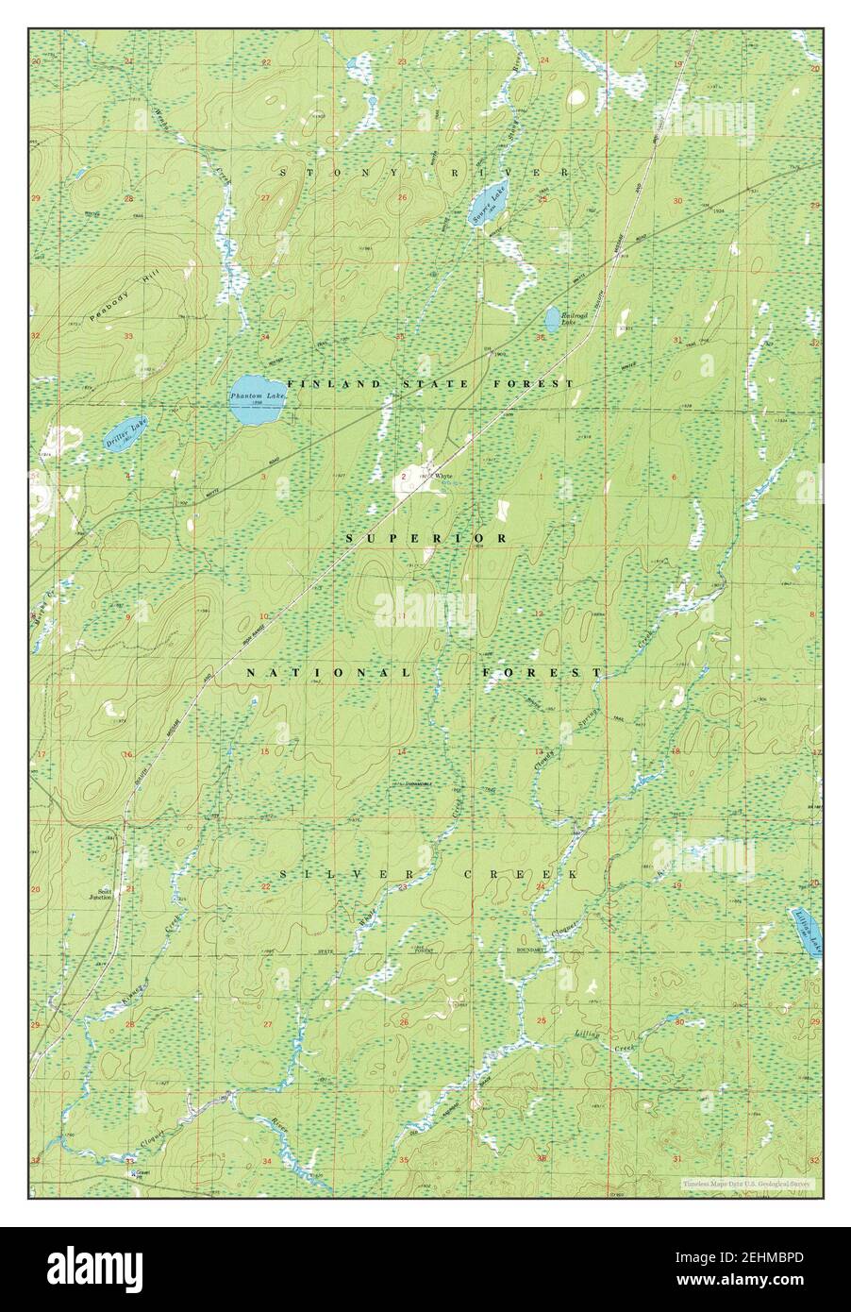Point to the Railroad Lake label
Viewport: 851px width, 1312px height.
click(x=568, y=320)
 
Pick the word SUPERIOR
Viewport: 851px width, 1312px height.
click(x=426, y=538)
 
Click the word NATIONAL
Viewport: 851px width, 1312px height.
click(x=327, y=673)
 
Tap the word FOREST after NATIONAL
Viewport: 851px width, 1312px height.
click(x=541, y=673)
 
